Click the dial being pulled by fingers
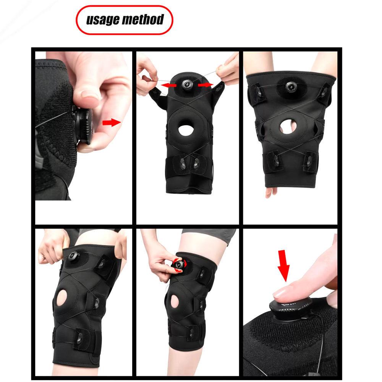pos(84,126)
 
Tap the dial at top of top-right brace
pos(291,87)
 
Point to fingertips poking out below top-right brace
pos(271,192)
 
